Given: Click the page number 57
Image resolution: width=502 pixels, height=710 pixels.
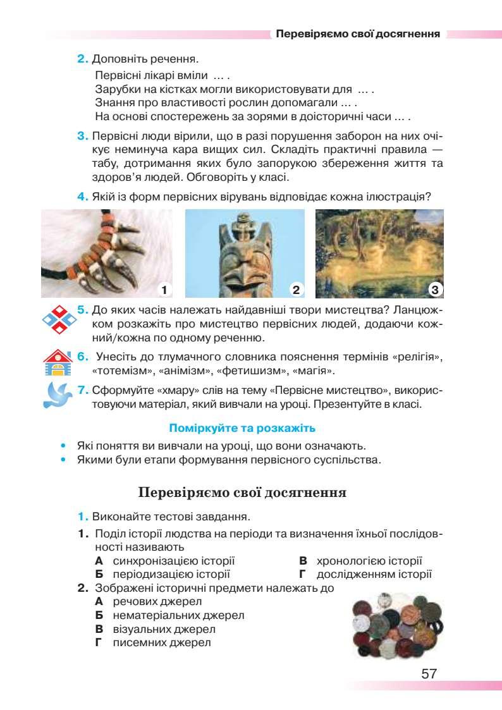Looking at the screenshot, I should [x=429, y=673].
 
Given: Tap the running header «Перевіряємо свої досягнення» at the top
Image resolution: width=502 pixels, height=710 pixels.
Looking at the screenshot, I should [x=358, y=34].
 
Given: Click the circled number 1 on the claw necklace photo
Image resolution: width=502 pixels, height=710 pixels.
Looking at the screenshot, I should [x=163, y=290].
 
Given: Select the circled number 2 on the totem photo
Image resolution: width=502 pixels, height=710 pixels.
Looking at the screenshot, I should [x=295, y=290].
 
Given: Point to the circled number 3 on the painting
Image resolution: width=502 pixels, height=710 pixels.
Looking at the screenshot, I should [x=434, y=290].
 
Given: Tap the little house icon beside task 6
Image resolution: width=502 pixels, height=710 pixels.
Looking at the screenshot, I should [x=58, y=364].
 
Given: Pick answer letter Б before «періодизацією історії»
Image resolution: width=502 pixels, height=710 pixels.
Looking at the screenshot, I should [x=99, y=575].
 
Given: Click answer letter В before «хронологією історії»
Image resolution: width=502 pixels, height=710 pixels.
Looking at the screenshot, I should [x=303, y=561].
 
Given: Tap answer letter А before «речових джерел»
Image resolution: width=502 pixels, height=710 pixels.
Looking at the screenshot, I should [x=99, y=601].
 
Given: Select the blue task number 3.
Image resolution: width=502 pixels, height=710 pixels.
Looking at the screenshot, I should [x=82, y=137].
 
